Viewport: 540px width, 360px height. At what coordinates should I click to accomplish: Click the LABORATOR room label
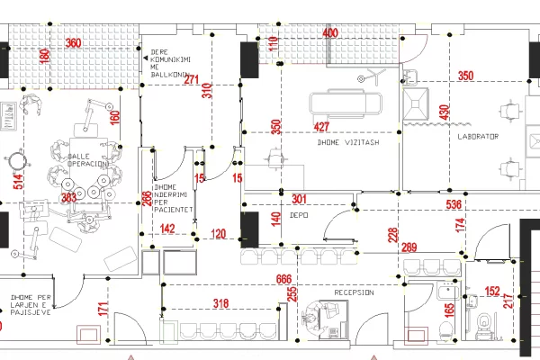477,136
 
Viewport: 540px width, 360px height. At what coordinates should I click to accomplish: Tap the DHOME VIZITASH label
347,142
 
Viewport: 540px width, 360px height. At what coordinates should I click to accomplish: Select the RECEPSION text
354,293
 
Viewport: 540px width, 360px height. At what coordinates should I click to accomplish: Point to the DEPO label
300,216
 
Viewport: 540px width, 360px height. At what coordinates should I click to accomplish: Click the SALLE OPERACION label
88,161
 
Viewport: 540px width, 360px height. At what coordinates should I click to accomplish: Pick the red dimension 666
284,280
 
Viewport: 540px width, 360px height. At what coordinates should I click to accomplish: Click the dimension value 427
322,127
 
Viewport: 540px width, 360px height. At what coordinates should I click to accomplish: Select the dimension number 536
455,205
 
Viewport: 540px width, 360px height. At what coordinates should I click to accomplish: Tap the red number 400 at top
330,33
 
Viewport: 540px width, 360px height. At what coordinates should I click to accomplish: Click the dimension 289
409,247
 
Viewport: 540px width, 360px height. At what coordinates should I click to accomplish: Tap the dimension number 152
493,291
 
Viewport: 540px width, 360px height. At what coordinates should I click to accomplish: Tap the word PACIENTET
173,210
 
